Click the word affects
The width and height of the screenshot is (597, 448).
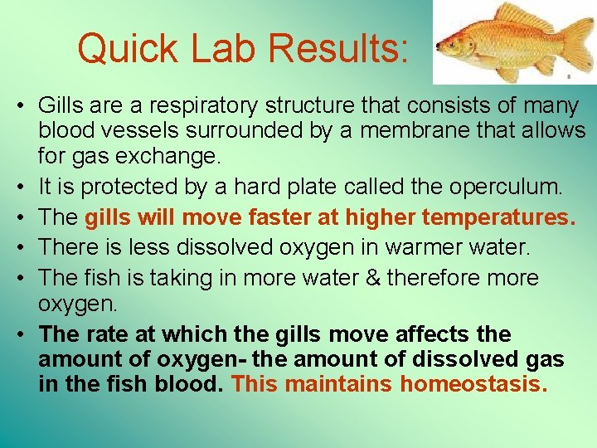click(x=435, y=334)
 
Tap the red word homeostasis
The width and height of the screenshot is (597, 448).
click(x=473, y=384)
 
